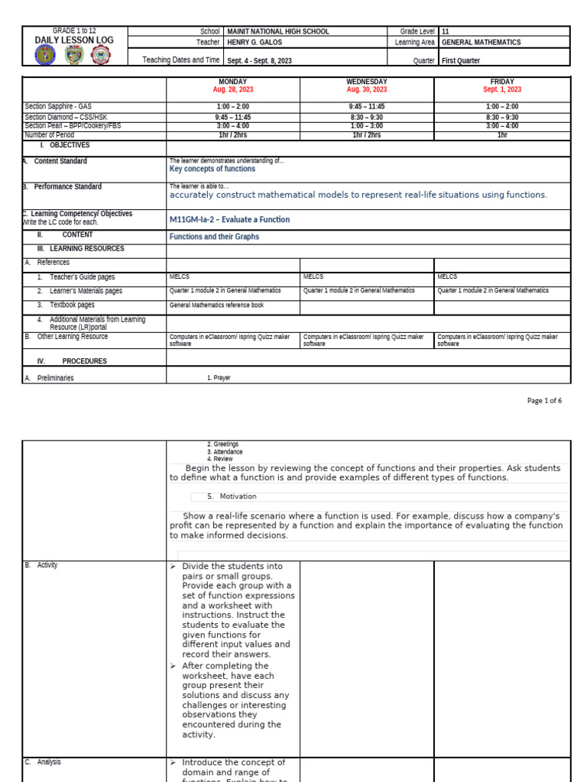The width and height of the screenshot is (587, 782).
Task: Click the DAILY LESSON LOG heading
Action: click(75, 40)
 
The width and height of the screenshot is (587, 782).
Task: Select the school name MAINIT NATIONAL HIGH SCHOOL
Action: click(278, 31)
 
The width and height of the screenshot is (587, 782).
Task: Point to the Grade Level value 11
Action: click(446, 31)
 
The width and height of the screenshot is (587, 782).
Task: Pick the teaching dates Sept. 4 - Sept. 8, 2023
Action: click(259, 60)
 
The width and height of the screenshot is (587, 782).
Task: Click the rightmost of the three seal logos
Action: click(100, 55)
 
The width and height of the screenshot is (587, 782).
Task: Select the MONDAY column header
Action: click(233, 81)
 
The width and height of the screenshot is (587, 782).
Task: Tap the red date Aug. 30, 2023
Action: click(367, 89)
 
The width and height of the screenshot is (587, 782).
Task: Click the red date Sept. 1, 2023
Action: click(502, 89)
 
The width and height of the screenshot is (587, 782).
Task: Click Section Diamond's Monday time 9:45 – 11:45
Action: click(233, 118)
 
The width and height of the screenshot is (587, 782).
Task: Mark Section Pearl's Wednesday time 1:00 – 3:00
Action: click(367, 126)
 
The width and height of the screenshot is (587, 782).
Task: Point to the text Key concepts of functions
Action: click(212, 169)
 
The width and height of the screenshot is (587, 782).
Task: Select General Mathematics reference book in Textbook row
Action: click(216, 305)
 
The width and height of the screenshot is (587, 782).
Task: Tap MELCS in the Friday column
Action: click(447, 276)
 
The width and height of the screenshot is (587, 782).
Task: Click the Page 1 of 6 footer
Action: click(544, 400)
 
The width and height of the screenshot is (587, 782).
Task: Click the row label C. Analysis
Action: click(43, 762)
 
